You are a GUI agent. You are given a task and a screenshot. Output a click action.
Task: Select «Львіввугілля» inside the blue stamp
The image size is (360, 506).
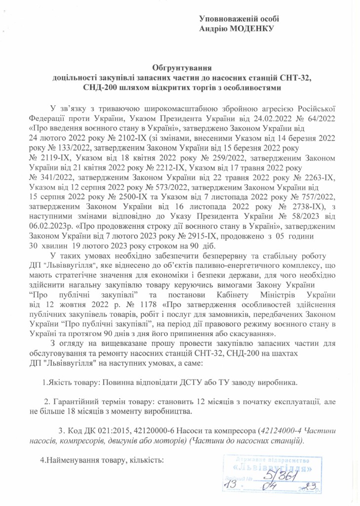(273, 467)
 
